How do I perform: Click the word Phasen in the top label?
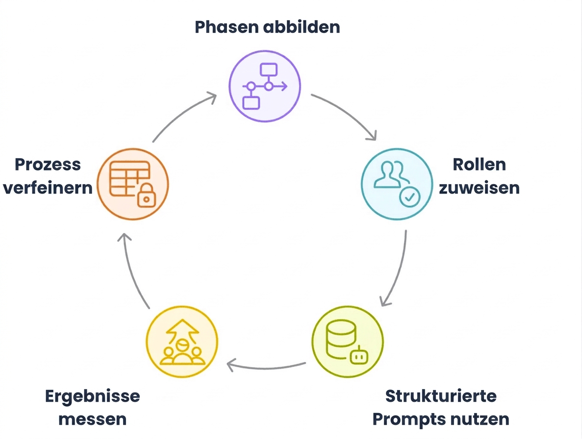tap(227, 27)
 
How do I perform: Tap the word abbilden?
tap(302, 27)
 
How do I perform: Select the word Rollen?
tap(479, 164)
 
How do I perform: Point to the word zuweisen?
tap(479, 188)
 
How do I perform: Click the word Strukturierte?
tap(441, 396)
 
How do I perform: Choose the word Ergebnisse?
tap(92, 396)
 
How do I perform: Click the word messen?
tap(92, 419)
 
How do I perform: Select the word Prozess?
tap(48, 164)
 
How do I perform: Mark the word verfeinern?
tap(48, 188)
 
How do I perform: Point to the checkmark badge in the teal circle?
tap(409, 197)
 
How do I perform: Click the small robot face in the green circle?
tap(358, 356)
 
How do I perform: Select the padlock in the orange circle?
tap(147, 195)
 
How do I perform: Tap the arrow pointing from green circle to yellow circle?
tap(266, 368)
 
